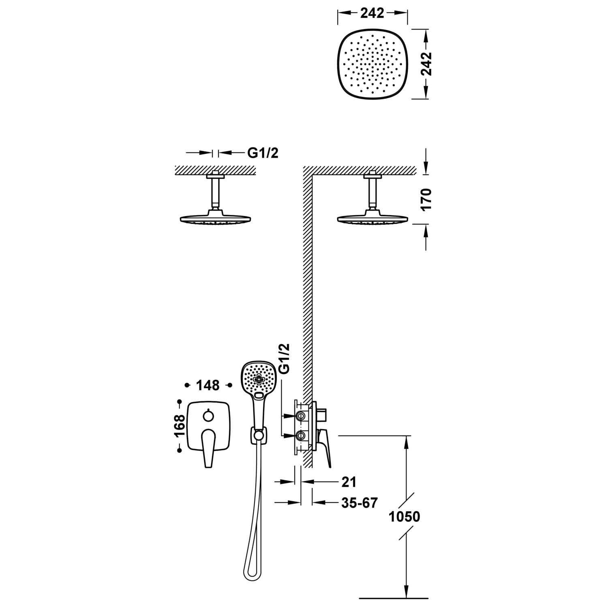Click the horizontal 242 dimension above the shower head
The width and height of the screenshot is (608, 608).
click(373, 13)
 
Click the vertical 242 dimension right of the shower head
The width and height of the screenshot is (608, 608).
click(426, 64)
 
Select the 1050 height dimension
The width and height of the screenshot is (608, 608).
click(404, 517)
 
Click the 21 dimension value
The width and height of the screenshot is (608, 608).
click(349, 482)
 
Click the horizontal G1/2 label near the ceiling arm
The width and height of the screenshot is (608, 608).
click(263, 153)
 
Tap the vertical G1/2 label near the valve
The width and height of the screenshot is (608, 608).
click(285, 358)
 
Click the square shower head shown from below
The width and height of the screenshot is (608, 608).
click(373, 64)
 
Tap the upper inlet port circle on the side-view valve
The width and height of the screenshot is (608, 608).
click(301, 415)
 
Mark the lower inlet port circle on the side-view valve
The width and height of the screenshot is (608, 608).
click(301, 435)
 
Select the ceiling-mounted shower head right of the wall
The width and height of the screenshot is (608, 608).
click(371, 219)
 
